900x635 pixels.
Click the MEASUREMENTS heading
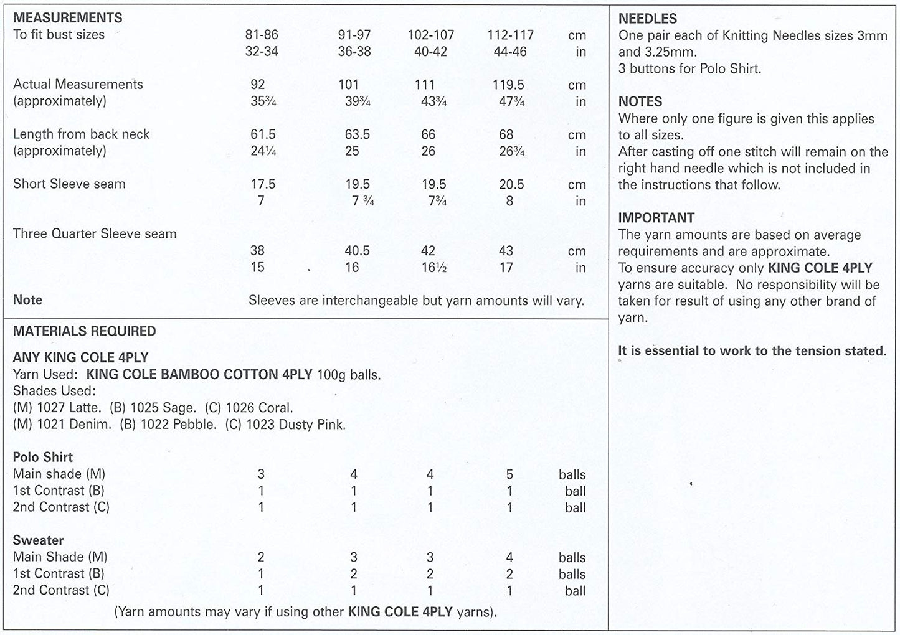[68, 18]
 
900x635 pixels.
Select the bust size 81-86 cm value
[262, 35]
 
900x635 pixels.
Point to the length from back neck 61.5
[262, 134]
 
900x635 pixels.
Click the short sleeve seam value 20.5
[511, 184]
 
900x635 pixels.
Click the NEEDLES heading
[648, 19]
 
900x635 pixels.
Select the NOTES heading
[640, 101]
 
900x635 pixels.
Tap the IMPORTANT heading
[656, 218]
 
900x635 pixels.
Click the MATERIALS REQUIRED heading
[85, 331]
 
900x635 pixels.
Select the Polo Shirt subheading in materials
[43, 457]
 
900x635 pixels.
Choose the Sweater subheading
[39, 540]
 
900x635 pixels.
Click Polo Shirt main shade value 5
[509, 474]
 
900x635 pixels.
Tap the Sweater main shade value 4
[509, 557]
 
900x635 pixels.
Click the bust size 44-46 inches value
[510, 52]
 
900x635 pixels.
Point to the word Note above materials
[28, 300]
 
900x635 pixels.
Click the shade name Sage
[179, 408]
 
